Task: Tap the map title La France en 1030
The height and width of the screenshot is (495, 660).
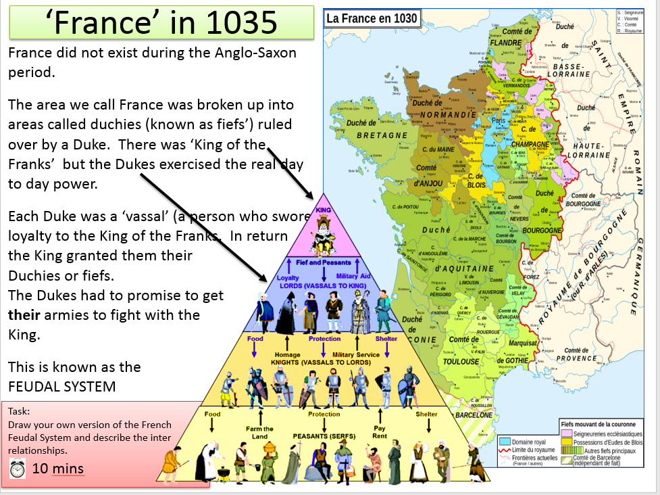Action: (x=372, y=18)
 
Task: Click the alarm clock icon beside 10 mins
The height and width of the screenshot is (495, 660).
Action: (x=19, y=468)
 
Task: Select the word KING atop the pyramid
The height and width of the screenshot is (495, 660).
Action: (x=322, y=210)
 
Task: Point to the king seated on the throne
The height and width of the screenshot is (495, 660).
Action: (x=322, y=233)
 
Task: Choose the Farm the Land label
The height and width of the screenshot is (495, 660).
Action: (x=259, y=432)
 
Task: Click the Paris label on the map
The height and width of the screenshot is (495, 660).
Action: (x=497, y=122)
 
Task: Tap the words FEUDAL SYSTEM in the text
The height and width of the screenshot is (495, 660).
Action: (x=61, y=387)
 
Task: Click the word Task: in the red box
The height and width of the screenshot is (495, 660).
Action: (x=20, y=410)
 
